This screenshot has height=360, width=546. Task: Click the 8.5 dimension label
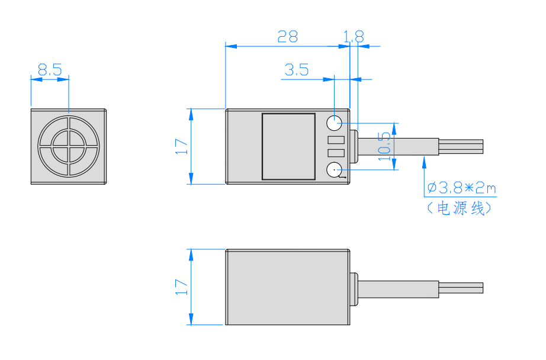pos(50,70)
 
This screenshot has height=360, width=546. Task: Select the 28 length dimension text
pos(288,37)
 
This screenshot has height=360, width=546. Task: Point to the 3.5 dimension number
pos(297,70)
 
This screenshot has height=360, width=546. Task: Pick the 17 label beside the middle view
pos(181,146)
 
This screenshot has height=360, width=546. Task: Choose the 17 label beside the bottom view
pos(181,287)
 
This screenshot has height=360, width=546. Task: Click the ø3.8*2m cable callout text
pos(461,188)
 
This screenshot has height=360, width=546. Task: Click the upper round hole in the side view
pos(335,123)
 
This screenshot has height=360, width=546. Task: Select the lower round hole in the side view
pos(335,171)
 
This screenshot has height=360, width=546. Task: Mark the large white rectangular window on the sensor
pos(289,146)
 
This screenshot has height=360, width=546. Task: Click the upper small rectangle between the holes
pos(335,140)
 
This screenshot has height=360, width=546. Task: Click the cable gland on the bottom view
pos(355,288)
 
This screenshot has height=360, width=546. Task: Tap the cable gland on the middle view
pos(354,147)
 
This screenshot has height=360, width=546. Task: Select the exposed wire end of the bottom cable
pos(461,288)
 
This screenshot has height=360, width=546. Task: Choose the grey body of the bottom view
pos(288,287)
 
